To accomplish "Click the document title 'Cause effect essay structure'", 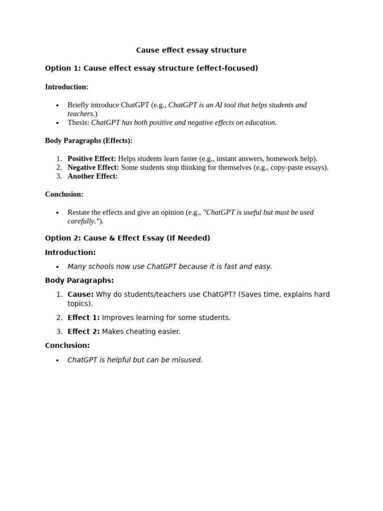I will pos(191,50).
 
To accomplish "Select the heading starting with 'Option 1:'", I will pos(151,68).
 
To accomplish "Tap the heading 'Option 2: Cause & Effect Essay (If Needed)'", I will pos(127,238).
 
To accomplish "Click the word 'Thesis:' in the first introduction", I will pos(78,123).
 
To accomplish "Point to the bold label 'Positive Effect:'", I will pos(92,159).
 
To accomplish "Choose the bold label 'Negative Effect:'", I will pos(93,168).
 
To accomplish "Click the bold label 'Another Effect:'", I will pos(92,176).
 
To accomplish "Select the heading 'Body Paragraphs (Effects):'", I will pos(88,141).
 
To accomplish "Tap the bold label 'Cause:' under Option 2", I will pos(80,294).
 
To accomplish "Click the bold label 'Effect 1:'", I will pos(83,317).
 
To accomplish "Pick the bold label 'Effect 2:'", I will pos(83,331).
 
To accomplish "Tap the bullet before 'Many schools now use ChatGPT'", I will pos(57,267).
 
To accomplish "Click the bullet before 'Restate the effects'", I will pos(57,213).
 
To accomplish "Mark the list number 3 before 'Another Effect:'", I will pos(59,176).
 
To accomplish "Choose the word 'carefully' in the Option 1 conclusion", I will pos(81,221).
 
